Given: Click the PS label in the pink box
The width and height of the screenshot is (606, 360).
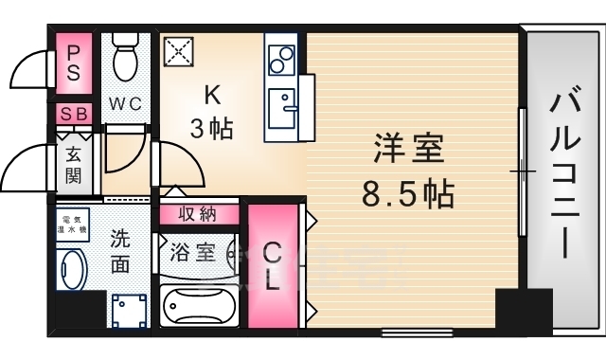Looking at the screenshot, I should (x=73, y=63).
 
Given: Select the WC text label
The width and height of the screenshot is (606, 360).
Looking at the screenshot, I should (x=125, y=104).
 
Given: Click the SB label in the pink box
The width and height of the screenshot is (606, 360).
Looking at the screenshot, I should (x=73, y=114).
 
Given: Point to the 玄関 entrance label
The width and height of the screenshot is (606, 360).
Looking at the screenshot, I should (x=74, y=162).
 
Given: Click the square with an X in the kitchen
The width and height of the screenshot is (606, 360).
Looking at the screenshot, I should (x=177, y=51).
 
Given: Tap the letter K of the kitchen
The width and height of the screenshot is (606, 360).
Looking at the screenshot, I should (x=214, y=94).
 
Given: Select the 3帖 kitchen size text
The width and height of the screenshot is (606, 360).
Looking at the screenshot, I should (x=212, y=128).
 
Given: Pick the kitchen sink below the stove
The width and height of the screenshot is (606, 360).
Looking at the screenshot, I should (x=281, y=103).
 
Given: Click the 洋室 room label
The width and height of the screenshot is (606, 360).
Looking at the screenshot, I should (x=408, y=150).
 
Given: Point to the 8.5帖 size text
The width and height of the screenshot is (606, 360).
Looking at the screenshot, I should (x=408, y=194).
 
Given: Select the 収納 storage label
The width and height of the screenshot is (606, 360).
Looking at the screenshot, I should (x=197, y=214).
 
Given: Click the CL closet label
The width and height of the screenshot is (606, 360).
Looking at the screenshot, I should (x=272, y=266).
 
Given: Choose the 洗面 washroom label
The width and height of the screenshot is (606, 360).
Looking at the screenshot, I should (x=119, y=250).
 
